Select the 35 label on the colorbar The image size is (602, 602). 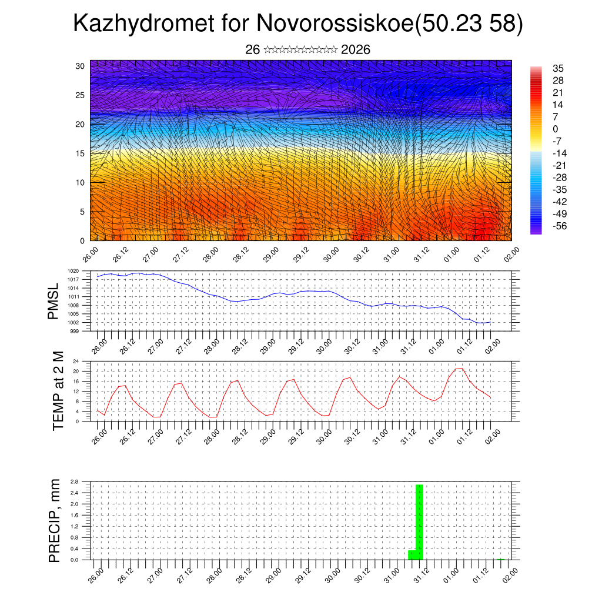tap(558, 68)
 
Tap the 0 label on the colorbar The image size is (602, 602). tap(556, 129)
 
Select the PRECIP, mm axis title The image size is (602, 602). tap(55, 520)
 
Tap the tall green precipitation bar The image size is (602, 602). tap(419, 522)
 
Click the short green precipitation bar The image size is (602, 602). tap(412, 555)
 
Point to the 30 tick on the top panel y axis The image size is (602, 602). tap(81, 66)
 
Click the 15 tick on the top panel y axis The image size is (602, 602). tap(81, 153)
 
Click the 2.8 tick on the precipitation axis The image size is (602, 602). tap(75, 481)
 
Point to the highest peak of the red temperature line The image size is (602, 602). tap(461, 368)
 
